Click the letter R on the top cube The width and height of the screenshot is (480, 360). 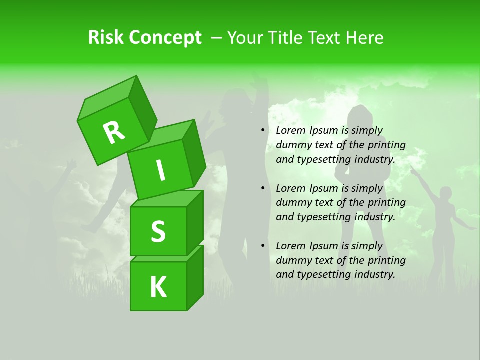pos(114,132)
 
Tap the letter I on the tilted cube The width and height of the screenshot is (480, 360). pos(160,170)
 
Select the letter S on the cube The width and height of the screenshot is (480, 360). pos(158,231)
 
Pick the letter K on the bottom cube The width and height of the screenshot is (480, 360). pos(158,287)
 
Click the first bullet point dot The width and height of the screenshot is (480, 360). pos(263,130)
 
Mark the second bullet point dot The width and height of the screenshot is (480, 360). pos(263,188)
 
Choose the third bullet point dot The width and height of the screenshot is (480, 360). pos(263,246)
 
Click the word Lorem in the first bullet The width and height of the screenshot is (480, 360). pos(290,130)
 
